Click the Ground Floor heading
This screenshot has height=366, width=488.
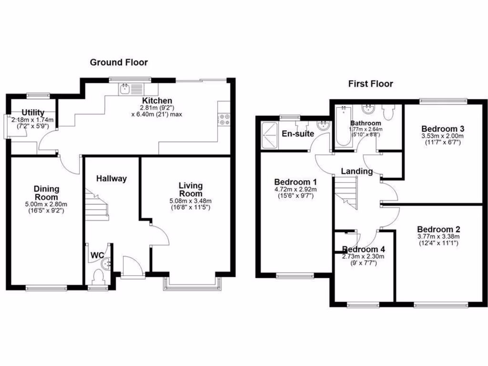pos(119,62)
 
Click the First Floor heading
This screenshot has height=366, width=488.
pos(370,84)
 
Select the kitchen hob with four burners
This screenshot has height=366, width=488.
pos(224,120)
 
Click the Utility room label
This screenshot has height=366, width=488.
pos(33,112)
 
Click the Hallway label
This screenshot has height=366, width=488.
pos(112,179)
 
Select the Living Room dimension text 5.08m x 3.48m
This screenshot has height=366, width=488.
pos(191,201)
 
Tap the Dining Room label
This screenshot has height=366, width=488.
pos(46,193)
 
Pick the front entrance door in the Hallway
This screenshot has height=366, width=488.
pos(133,266)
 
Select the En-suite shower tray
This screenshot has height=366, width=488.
pos(269,135)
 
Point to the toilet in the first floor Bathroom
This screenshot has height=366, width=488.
pos(389,112)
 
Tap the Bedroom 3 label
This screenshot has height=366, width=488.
pos(443,129)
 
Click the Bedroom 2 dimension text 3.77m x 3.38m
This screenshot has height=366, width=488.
pos(438,236)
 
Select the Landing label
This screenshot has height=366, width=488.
pos(356,171)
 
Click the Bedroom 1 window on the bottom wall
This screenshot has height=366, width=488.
pos(295,275)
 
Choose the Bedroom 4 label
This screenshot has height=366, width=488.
pos(363,249)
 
